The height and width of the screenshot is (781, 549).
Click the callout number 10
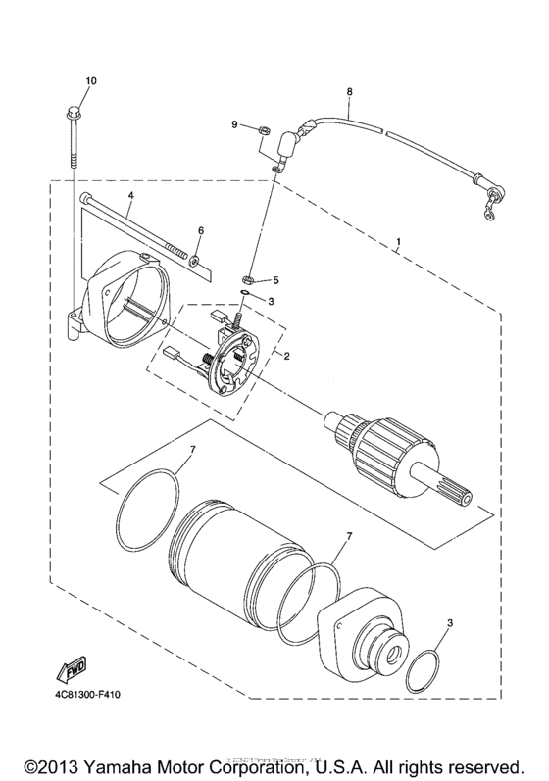click(91, 79)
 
